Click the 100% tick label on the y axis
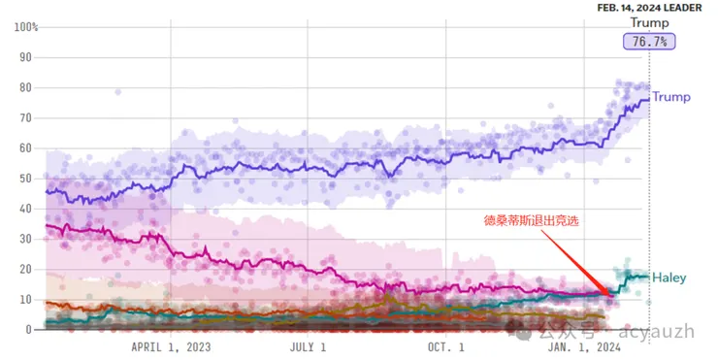click(x=25, y=26)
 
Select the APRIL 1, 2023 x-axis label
click(x=171, y=345)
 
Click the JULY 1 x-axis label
click(x=309, y=345)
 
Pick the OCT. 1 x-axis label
click(x=446, y=345)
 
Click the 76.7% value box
click(x=649, y=41)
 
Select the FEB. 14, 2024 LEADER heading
click(x=649, y=8)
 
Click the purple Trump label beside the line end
click(x=670, y=97)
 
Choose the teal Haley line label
click(x=670, y=277)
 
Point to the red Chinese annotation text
click(x=527, y=220)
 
